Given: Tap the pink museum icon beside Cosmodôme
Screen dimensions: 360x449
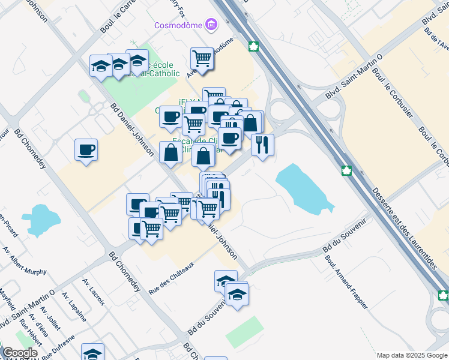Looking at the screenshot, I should pos(211,25).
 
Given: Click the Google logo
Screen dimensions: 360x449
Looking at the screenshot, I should pos(20,353).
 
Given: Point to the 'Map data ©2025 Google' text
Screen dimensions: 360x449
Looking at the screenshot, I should pos(411,355).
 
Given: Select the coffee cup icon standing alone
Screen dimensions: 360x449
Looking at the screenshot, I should pos(86,149).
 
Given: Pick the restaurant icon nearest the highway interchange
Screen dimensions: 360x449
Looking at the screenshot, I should pos(262,144).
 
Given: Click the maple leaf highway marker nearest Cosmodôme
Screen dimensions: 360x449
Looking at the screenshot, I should pos(253,47).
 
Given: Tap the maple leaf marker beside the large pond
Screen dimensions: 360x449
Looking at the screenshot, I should pos(346,171).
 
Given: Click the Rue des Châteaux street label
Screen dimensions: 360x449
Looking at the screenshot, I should pos(172,277).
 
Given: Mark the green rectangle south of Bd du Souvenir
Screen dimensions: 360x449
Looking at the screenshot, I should pos(244,331).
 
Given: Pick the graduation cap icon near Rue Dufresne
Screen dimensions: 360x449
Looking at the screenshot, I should pos(92,353).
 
